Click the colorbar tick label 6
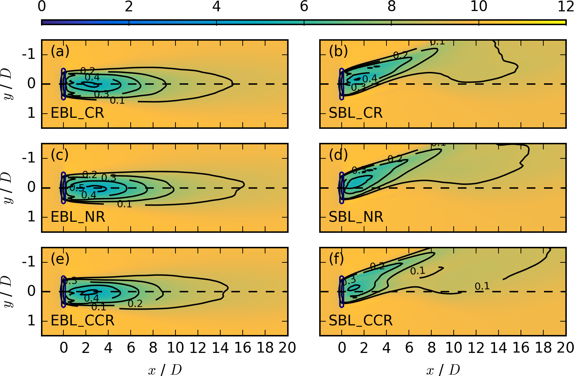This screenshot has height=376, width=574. point(304,6)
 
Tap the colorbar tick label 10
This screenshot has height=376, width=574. point(479,6)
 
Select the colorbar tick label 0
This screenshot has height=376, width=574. point(42,6)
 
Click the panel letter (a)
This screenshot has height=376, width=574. point(60,51)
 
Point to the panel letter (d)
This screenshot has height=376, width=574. point(338,155)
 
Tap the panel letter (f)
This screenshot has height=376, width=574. point(337,259)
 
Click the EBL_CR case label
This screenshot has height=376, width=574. point(77,113)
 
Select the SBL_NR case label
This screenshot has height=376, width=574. point(356,217)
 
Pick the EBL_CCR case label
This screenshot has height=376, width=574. point(82,321)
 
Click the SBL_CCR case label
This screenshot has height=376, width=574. point(361,321)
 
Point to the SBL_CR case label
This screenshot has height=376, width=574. point(355,113)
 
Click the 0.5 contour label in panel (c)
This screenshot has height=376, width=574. point(77,188)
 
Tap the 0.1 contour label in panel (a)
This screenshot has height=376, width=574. point(117,101)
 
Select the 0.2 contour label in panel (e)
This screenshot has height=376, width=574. point(135,303)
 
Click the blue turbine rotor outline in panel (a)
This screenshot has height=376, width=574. point(63,84)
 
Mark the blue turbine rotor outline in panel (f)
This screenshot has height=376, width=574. point(342,291)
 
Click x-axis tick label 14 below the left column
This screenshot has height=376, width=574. point(220,348)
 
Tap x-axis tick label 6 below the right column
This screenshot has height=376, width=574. point(409,348)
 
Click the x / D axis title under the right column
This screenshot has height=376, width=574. point(443,370)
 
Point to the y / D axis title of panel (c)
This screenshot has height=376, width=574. point(8,188)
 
